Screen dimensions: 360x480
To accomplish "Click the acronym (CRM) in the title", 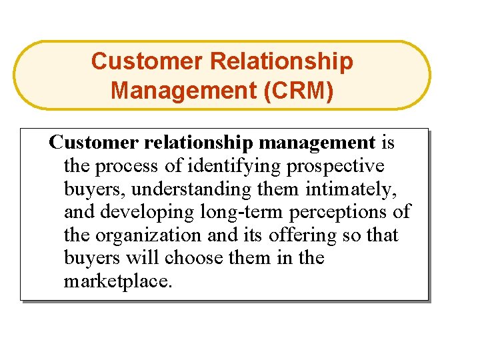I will [299, 89].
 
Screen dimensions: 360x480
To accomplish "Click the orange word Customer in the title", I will [147, 61].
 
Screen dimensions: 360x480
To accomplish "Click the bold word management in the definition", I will [317, 143].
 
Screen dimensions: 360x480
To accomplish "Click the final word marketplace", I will [117, 281].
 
